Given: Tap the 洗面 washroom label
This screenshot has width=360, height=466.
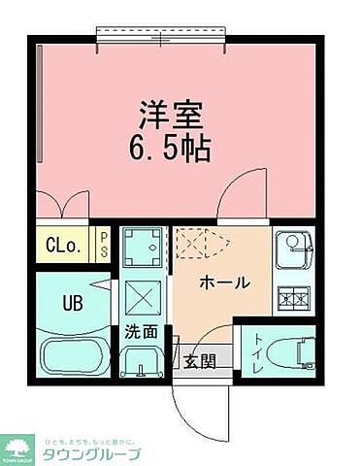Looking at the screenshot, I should click(140, 331).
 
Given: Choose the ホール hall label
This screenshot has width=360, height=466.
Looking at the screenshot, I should click(225, 283).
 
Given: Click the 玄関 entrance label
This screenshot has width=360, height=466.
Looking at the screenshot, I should click(201, 361).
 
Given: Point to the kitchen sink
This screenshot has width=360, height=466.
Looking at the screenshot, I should click(291, 250).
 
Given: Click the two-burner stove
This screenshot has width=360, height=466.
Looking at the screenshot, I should click(291, 298).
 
